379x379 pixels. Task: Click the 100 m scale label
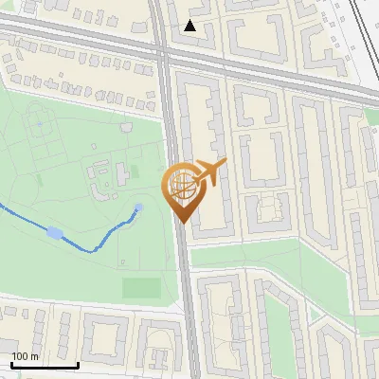(25, 356)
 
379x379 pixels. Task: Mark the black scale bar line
(44, 365)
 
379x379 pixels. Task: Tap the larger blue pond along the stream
(56, 232)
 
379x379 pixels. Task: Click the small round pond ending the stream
(139, 208)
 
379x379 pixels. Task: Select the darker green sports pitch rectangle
(141, 287)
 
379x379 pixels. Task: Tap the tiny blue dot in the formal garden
(39, 122)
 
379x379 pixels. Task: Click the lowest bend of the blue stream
(92, 250)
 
